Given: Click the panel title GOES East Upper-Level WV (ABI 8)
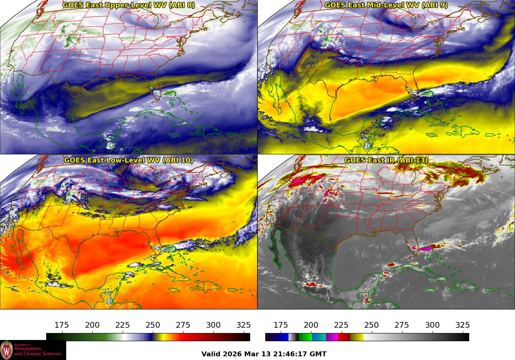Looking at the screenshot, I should [x=129, y=5].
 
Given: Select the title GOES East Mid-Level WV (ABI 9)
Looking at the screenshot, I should [x=386, y=5].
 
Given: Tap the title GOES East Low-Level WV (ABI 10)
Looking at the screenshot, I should [x=129, y=160].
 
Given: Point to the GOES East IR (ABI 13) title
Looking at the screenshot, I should [x=386, y=160].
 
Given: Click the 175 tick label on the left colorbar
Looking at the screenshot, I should [x=62, y=325].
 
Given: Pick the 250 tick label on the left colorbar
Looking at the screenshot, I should [x=153, y=325].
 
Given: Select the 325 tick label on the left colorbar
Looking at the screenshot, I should [x=244, y=325].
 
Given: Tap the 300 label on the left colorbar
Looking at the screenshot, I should [x=213, y=325].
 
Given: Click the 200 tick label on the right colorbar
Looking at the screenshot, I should [x=311, y=325].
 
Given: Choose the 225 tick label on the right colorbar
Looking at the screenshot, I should [x=341, y=325].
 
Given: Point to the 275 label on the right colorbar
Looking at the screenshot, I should [x=402, y=325].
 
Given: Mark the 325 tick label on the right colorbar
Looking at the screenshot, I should [x=462, y=325].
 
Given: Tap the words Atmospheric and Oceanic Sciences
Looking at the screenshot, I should [x=38, y=351].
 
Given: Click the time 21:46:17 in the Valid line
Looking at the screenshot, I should [x=295, y=354].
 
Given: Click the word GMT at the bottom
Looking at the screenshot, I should [x=319, y=354].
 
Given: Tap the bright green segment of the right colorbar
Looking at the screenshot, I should [x=305, y=337].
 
